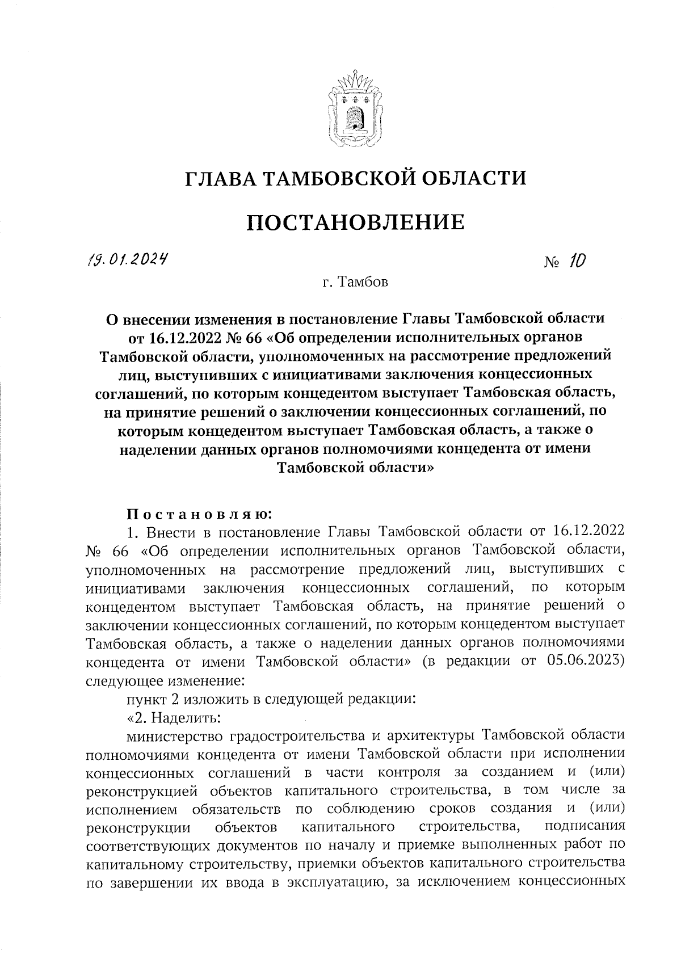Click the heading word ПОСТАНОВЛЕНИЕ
355,222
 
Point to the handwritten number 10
577,262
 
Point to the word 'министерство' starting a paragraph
176,735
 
